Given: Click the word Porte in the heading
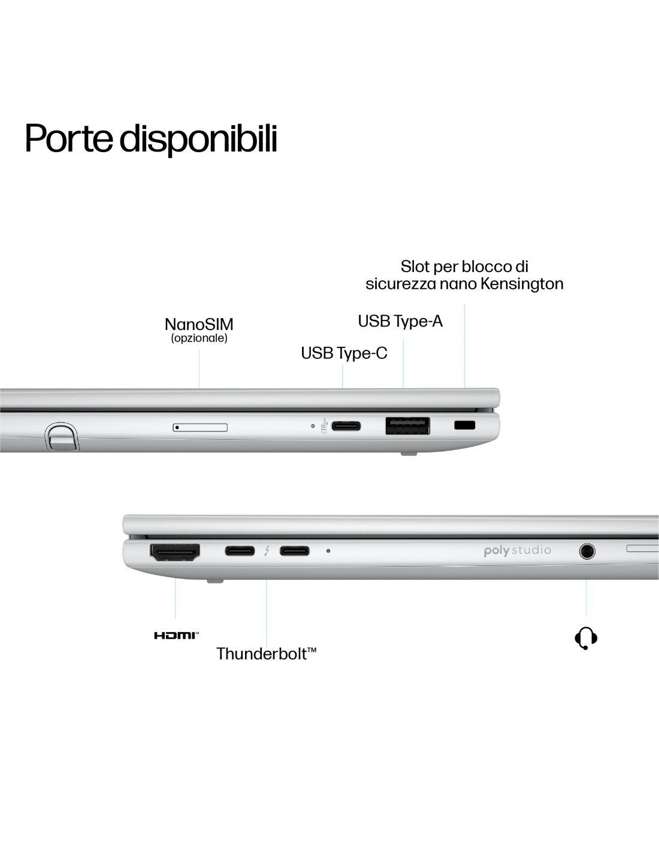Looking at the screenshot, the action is pyautogui.click(x=69, y=138).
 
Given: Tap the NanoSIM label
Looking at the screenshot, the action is pyautogui.click(x=199, y=324).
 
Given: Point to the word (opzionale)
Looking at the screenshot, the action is pyautogui.click(x=199, y=338).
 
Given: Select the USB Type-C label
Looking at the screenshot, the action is pyautogui.click(x=344, y=354).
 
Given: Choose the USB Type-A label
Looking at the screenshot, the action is pyautogui.click(x=400, y=321).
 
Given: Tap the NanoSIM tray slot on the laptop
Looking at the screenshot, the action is pyautogui.click(x=200, y=427).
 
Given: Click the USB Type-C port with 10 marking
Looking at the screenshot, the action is pyautogui.click(x=346, y=426).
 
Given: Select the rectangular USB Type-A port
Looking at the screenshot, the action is pyautogui.click(x=408, y=426).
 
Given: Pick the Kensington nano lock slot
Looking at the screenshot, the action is pyautogui.click(x=464, y=425).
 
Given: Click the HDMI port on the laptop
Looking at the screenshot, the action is pyautogui.click(x=175, y=552).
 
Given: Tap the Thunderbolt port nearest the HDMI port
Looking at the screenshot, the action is pyautogui.click(x=240, y=551).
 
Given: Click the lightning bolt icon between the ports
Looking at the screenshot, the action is pyautogui.click(x=267, y=551).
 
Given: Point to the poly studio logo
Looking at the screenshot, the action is pyautogui.click(x=518, y=551).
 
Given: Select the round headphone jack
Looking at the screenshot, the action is pyautogui.click(x=587, y=552).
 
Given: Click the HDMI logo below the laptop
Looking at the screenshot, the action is pyautogui.click(x=176, y=636).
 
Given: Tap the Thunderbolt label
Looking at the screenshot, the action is pyautogui.click(x=266, y=654).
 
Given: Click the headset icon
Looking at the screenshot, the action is pyautogui.click(x=586, y=638).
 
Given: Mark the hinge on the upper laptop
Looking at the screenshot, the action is pyautogui.click(x=62, y=436).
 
